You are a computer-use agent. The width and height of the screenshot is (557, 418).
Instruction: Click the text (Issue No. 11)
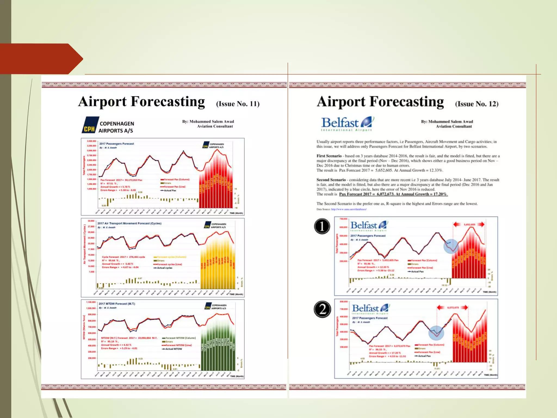(x=238, y=104)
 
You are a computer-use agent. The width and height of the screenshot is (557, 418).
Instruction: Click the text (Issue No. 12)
(x=476, y=104)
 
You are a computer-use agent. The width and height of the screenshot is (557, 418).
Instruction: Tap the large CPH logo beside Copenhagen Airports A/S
(x=90, y=125)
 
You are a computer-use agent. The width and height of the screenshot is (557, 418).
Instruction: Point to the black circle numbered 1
(x=322, y=226)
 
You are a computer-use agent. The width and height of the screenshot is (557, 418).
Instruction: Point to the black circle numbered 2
(x=322, y=309)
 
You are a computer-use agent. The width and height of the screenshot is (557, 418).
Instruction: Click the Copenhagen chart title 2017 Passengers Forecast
(x=116, y=144)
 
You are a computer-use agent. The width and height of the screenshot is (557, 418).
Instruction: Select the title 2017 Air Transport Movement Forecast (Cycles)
(x=129, y=223)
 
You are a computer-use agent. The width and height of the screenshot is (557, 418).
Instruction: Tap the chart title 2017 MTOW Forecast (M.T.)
(x=117, y=304)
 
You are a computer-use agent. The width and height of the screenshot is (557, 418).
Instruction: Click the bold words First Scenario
(x=329, y=156)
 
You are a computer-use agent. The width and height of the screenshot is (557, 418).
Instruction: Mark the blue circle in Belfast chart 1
(x=451, y=247)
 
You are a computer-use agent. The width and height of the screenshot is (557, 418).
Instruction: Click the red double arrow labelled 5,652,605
(x=469, y=225)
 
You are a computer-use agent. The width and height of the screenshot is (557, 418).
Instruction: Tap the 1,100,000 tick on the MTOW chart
(x=91, y=302)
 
